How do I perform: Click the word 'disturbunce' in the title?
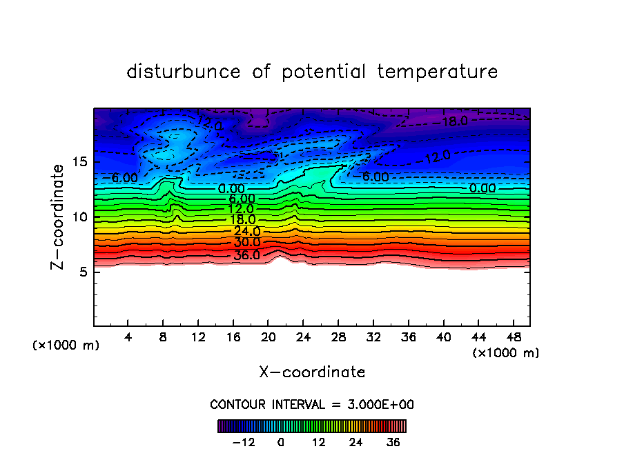(x=184, y=72)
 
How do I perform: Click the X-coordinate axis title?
(x=312, y=372)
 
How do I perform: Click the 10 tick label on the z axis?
(x=81, y=217)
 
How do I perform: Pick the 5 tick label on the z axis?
(x=86, y=272)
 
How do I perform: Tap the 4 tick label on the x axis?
(x=128, y=337)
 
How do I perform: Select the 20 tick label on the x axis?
(x=268, y=337)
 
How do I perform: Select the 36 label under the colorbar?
(x=393, y=442)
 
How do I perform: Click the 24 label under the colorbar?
(x=356, y=442)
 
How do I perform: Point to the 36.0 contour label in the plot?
(x=246, y=255)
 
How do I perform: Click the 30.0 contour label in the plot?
(x=246, y=243)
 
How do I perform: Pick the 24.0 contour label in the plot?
(x=246, y=231)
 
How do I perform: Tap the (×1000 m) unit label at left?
(x=66, y=345)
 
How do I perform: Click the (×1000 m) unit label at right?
(x=506, y=352)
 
